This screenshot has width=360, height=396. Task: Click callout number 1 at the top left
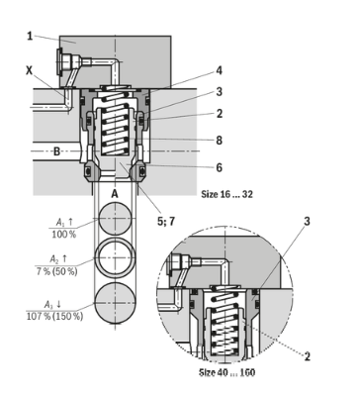point(30,36)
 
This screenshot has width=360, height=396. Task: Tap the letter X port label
point(30,70)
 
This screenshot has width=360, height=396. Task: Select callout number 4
point(220,70)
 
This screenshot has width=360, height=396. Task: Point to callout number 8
point(220,141)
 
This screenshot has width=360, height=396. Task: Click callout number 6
point(220,167)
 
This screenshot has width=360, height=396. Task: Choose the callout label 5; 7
point(166,222)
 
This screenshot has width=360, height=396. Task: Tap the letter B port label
point(57,151)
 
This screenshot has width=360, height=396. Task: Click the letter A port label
point(115,194)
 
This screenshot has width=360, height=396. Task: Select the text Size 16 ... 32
point(227,194)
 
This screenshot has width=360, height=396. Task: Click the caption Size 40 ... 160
point(227,372)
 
